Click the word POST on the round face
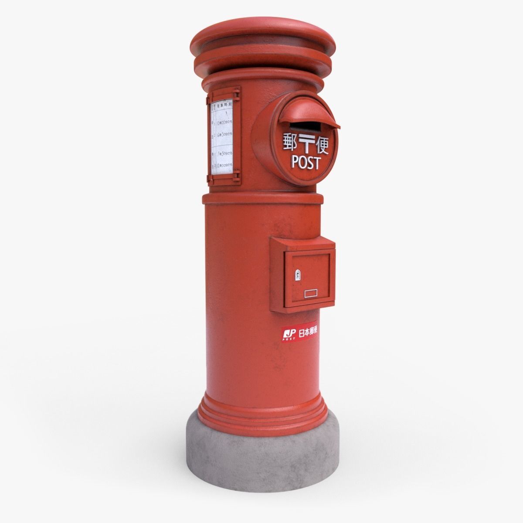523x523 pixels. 306,162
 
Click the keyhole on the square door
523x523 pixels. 298,275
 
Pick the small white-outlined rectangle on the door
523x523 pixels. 312,293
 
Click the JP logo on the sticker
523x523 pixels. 289,334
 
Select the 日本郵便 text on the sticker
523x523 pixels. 308,332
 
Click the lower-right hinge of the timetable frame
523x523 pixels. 237,177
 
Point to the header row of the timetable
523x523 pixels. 224,106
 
